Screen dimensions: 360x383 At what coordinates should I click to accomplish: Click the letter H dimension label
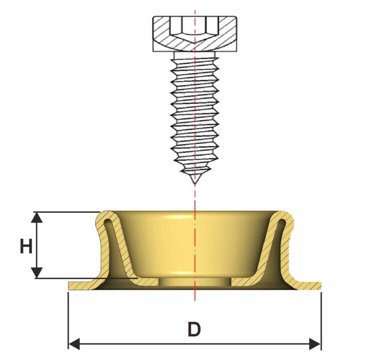(26, 246)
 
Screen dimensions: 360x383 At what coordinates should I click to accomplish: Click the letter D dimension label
(194, 330)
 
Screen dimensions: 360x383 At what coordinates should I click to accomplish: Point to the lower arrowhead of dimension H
(36, 273)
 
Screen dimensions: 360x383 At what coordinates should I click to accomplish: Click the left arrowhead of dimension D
(74, 344)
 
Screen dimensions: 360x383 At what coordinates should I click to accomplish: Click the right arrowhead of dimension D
(315, 344)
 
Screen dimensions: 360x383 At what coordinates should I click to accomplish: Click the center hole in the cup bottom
(195, 282)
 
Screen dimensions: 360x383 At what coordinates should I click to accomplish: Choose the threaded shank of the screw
(194, 115)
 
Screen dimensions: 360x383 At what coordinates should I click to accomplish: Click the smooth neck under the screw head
(194, 55)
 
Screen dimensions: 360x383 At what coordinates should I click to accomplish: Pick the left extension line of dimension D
(68, 320)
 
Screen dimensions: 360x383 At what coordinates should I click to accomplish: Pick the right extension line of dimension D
(321, 320)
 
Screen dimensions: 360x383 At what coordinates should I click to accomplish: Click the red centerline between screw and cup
(194, 197)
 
